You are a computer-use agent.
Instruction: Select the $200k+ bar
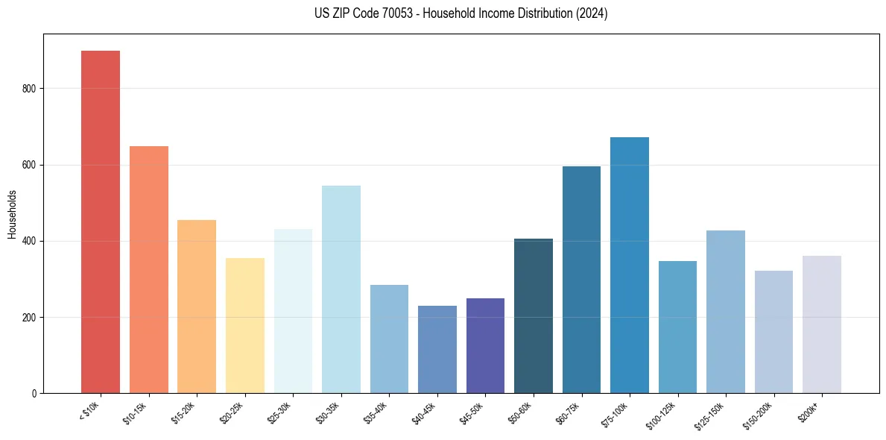(822, 324)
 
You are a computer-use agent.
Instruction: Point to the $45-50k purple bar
(486, 345)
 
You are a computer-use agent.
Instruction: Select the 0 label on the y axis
(34, 393)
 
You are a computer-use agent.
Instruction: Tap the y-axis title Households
(12, 214)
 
